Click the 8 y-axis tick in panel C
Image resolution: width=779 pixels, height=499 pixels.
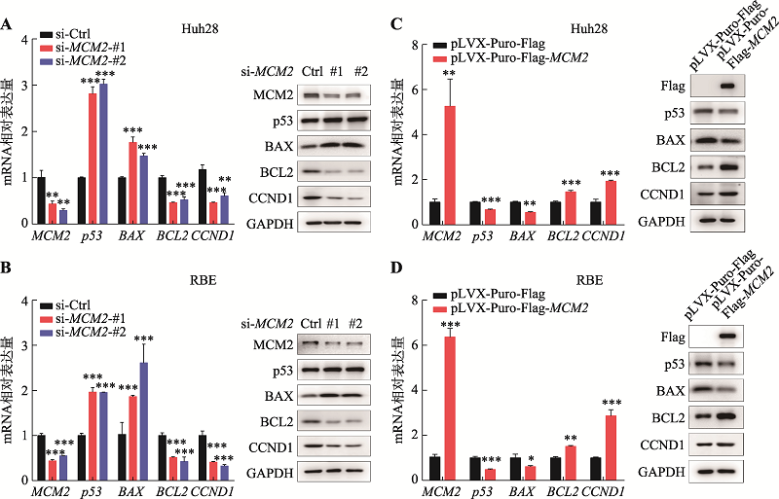click(416, 44)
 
